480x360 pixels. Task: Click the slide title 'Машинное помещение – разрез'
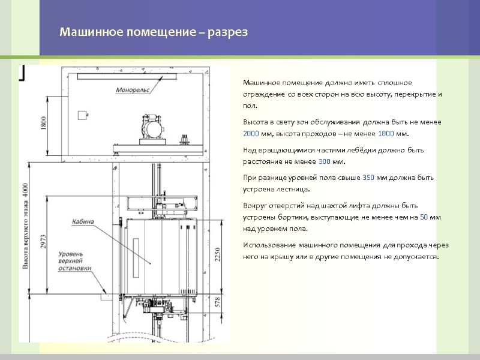153,32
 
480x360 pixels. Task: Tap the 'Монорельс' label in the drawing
135,89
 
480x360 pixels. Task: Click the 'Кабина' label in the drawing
83,222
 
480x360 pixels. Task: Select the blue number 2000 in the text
251,133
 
